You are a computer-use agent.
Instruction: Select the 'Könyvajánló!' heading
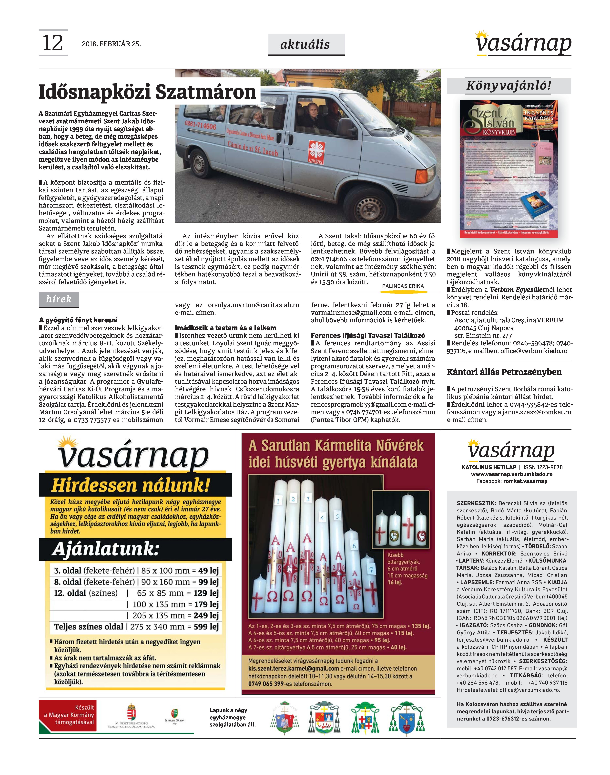tap(508, 86)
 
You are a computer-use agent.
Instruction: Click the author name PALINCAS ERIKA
tap(403, 286)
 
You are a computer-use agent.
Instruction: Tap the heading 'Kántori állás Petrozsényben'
tap(504, 372)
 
